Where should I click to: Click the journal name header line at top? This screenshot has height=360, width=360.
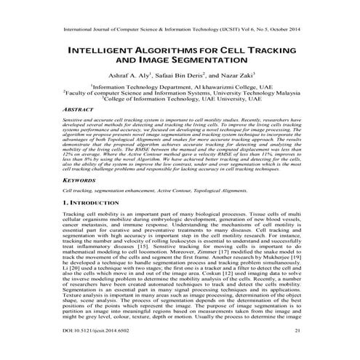pyautogui.click(x=180, y=31)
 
